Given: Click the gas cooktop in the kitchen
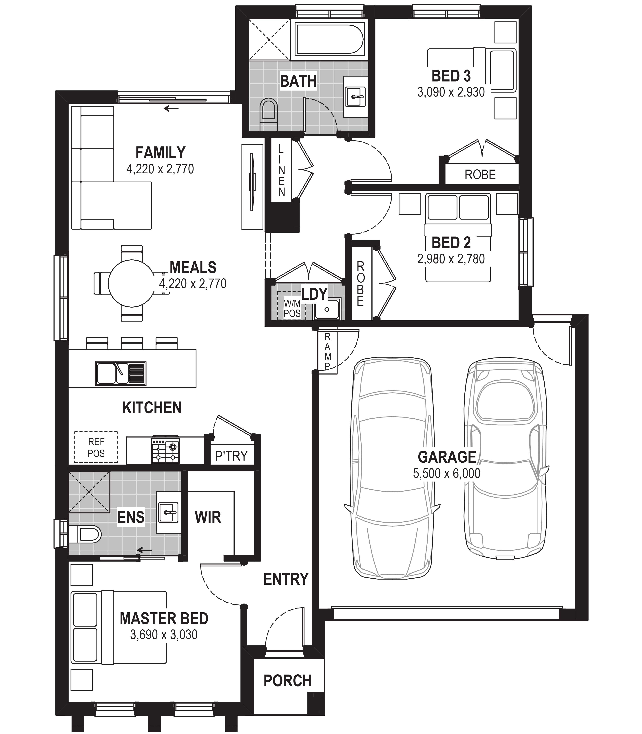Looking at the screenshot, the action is click(165, 449).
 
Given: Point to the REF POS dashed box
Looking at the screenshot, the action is click(96, 447).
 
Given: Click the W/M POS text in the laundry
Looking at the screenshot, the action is click(292, 309).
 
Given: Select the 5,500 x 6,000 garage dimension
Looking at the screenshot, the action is click(447, 473).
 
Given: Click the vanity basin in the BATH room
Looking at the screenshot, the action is click(355, 97).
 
